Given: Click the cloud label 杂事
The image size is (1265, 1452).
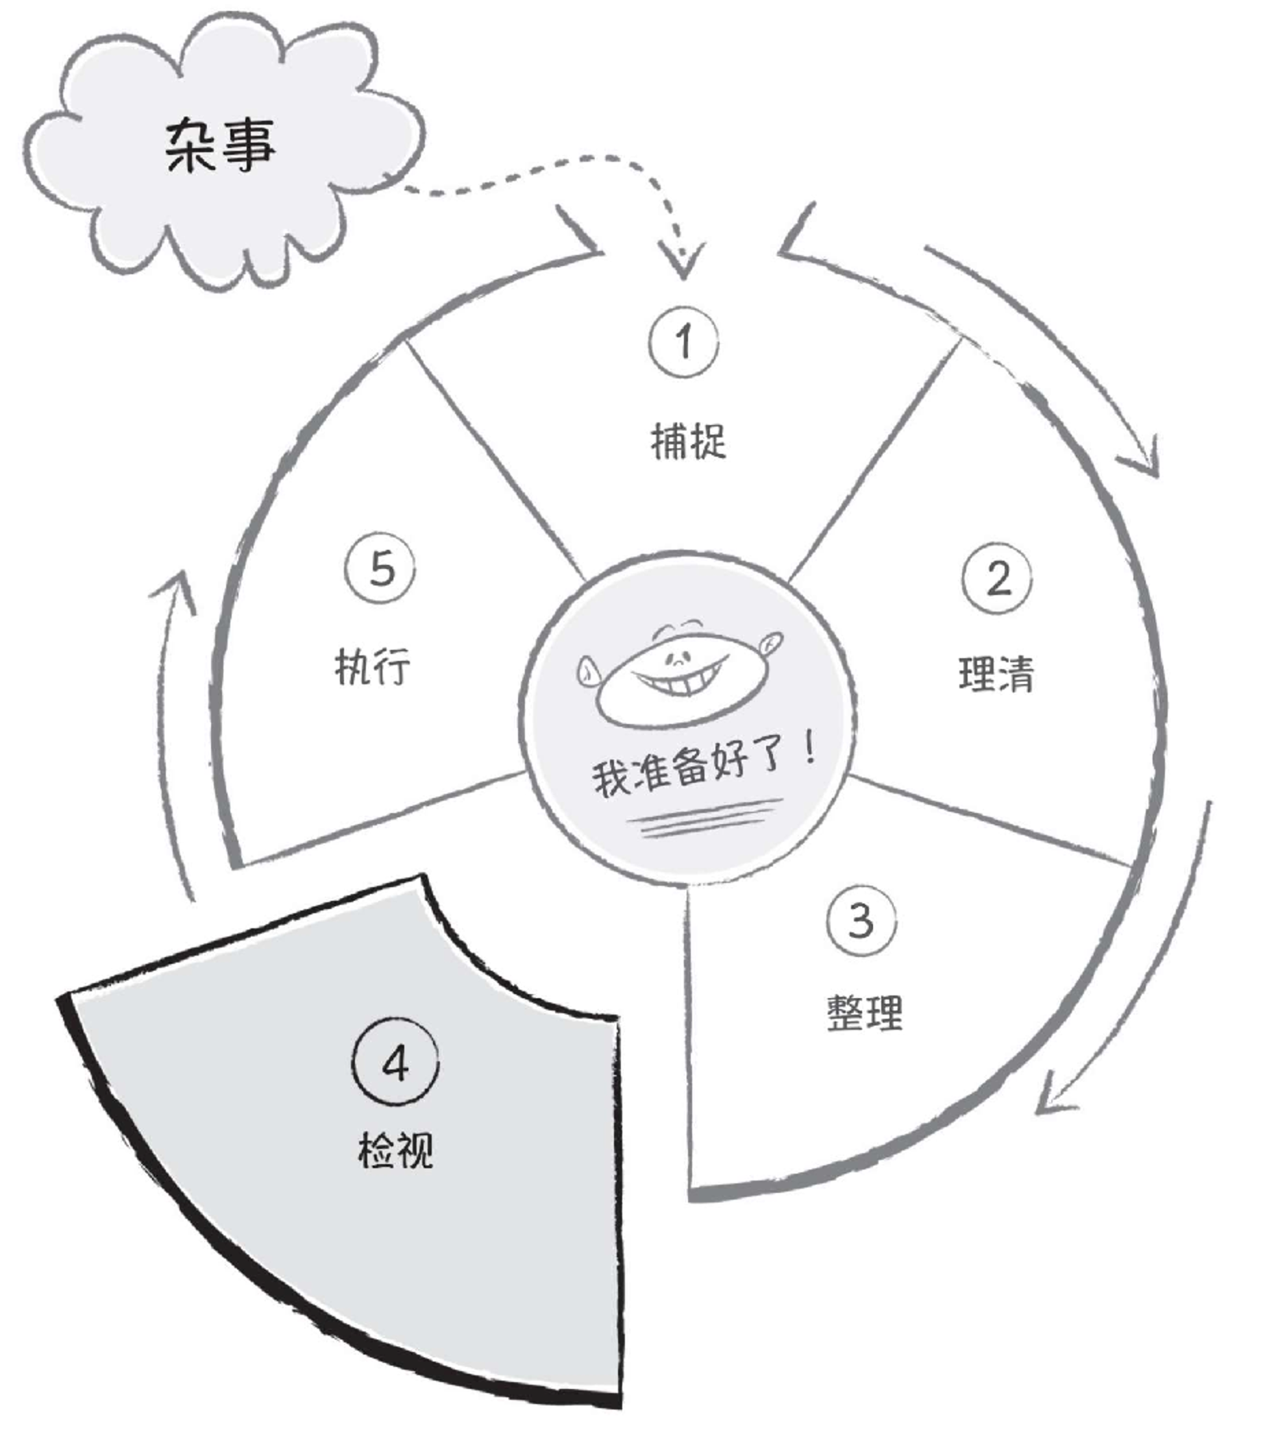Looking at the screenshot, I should (x=219, y=145).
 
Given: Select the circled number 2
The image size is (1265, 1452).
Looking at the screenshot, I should (x=997, y=578).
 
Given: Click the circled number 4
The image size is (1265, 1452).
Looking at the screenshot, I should (x=395, y=1062).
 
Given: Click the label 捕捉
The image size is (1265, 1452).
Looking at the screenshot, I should (x=688, y=442).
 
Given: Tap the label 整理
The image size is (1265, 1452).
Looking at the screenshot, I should (x=865, y=1014).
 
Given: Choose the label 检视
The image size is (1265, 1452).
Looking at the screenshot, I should (x=395, y=1150).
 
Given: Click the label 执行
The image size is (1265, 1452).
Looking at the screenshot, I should (x=372, y=666).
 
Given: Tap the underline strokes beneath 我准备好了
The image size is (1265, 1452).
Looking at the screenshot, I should (x=706, y=819).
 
